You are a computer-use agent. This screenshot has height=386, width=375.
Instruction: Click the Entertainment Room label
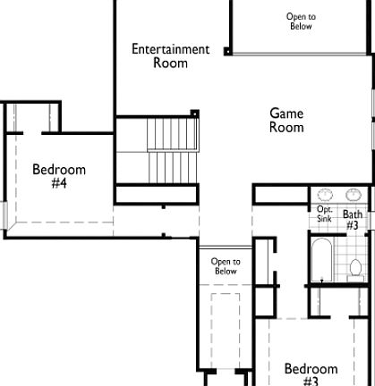coord(170,55)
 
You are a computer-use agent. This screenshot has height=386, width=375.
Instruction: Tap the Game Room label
coord(286,120)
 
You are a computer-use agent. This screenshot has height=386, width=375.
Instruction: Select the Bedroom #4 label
coord(59,176)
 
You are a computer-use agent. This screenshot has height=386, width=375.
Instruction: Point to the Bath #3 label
coord(353,220)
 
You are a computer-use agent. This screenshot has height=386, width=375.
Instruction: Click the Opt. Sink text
coord(325,214)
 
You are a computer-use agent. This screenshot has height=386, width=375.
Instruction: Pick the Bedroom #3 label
coord(311,374)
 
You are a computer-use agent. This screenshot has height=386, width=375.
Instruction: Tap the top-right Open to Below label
coord(301,21)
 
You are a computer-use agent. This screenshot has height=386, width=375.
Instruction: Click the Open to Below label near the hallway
coord(226,266)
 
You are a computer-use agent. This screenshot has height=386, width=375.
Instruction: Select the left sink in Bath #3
coord(326,194)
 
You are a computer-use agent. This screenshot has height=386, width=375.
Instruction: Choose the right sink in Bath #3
coord(354,194)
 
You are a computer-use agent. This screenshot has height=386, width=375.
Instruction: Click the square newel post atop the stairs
coord(194,113)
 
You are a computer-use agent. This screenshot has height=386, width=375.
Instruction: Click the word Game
coord(286,113)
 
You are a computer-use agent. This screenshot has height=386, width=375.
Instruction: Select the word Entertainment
coord(170,49)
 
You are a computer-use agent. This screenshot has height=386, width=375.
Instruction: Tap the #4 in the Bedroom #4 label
coord(59,183)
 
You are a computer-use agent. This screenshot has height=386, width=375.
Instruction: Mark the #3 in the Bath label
coord(353,226)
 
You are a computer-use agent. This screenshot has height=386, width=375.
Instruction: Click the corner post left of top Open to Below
coord(228,52)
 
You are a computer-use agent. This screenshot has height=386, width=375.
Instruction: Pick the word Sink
coord(324,218)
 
